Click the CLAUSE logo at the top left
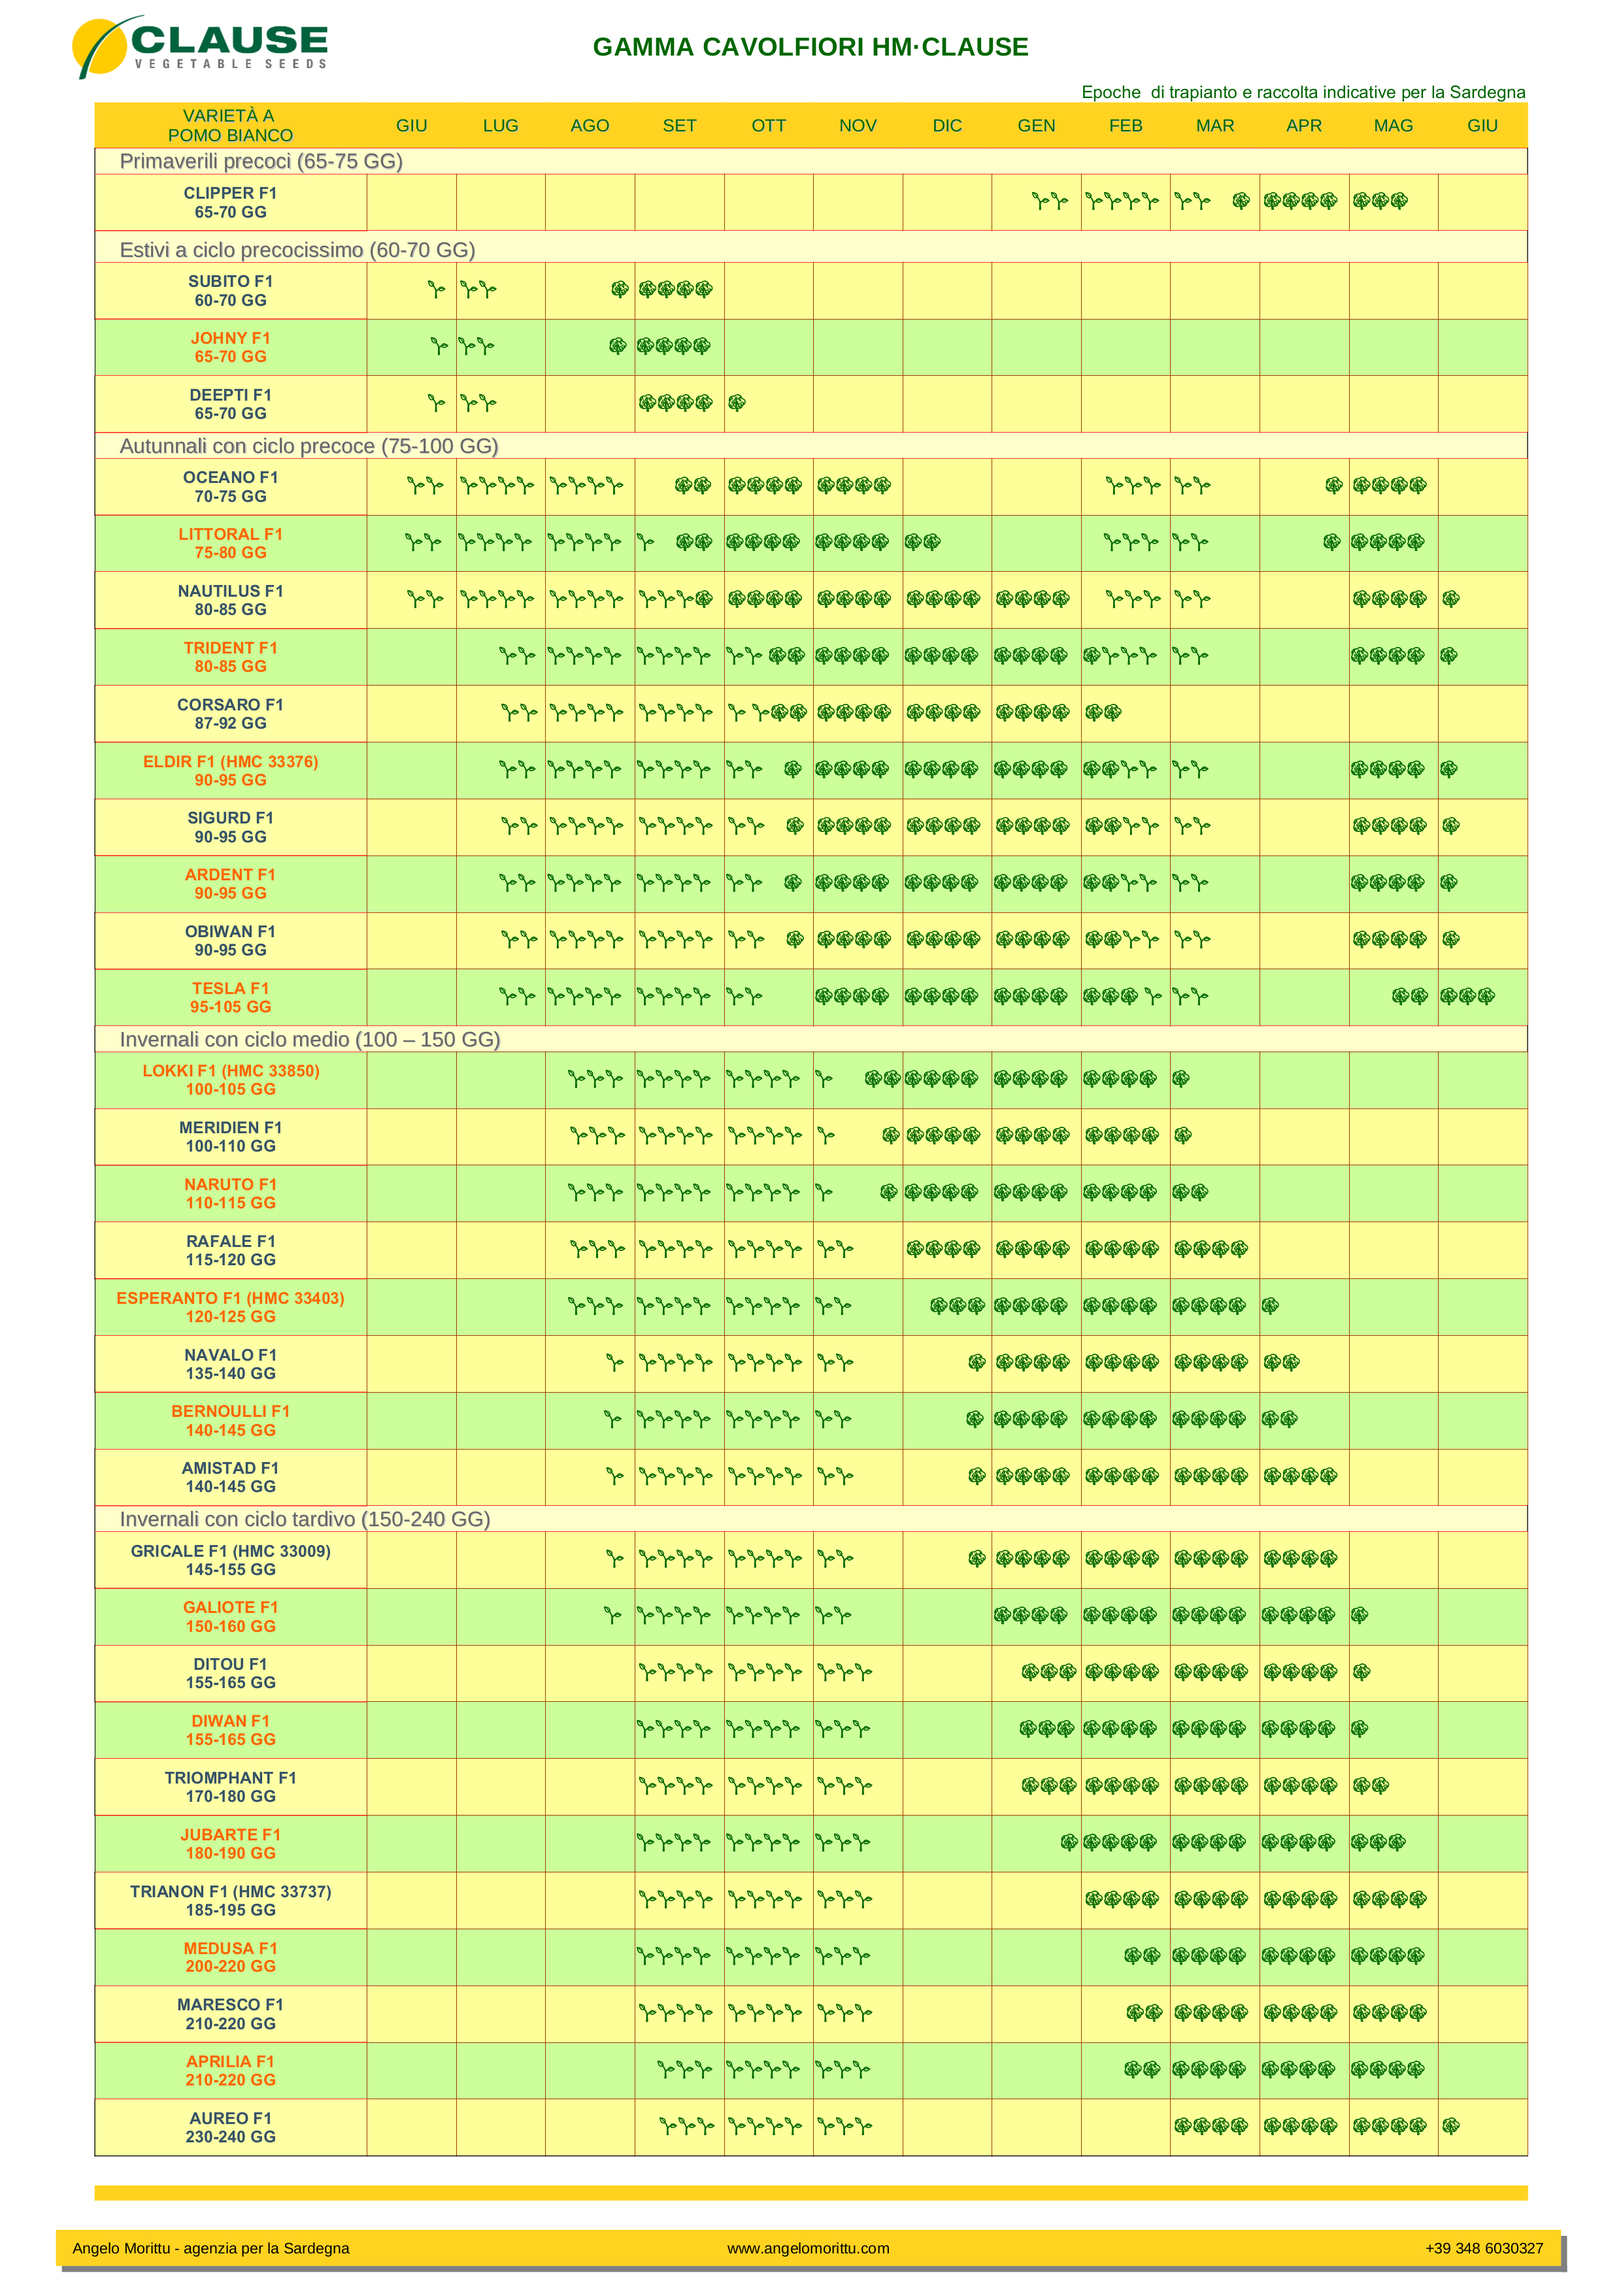[x=199, y=46]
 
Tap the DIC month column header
[x=946, y=125]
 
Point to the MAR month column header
[x=1214, y=125]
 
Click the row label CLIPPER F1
[x=231, y=193]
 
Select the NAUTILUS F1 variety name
[x=231, y=591]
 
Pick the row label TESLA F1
[x=231, y=988]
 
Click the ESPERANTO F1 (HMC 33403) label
[x=231, y=1298]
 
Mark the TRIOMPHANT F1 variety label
[x=231, y=1778]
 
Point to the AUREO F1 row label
[x=231, y=2118]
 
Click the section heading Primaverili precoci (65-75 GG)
[x=261, y=161]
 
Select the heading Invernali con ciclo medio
[x=309, y=1039]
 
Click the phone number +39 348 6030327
[x=1483, y=2248]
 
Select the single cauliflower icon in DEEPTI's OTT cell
[x=737, y=403]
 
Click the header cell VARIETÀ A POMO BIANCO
[x=231, y=125]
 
